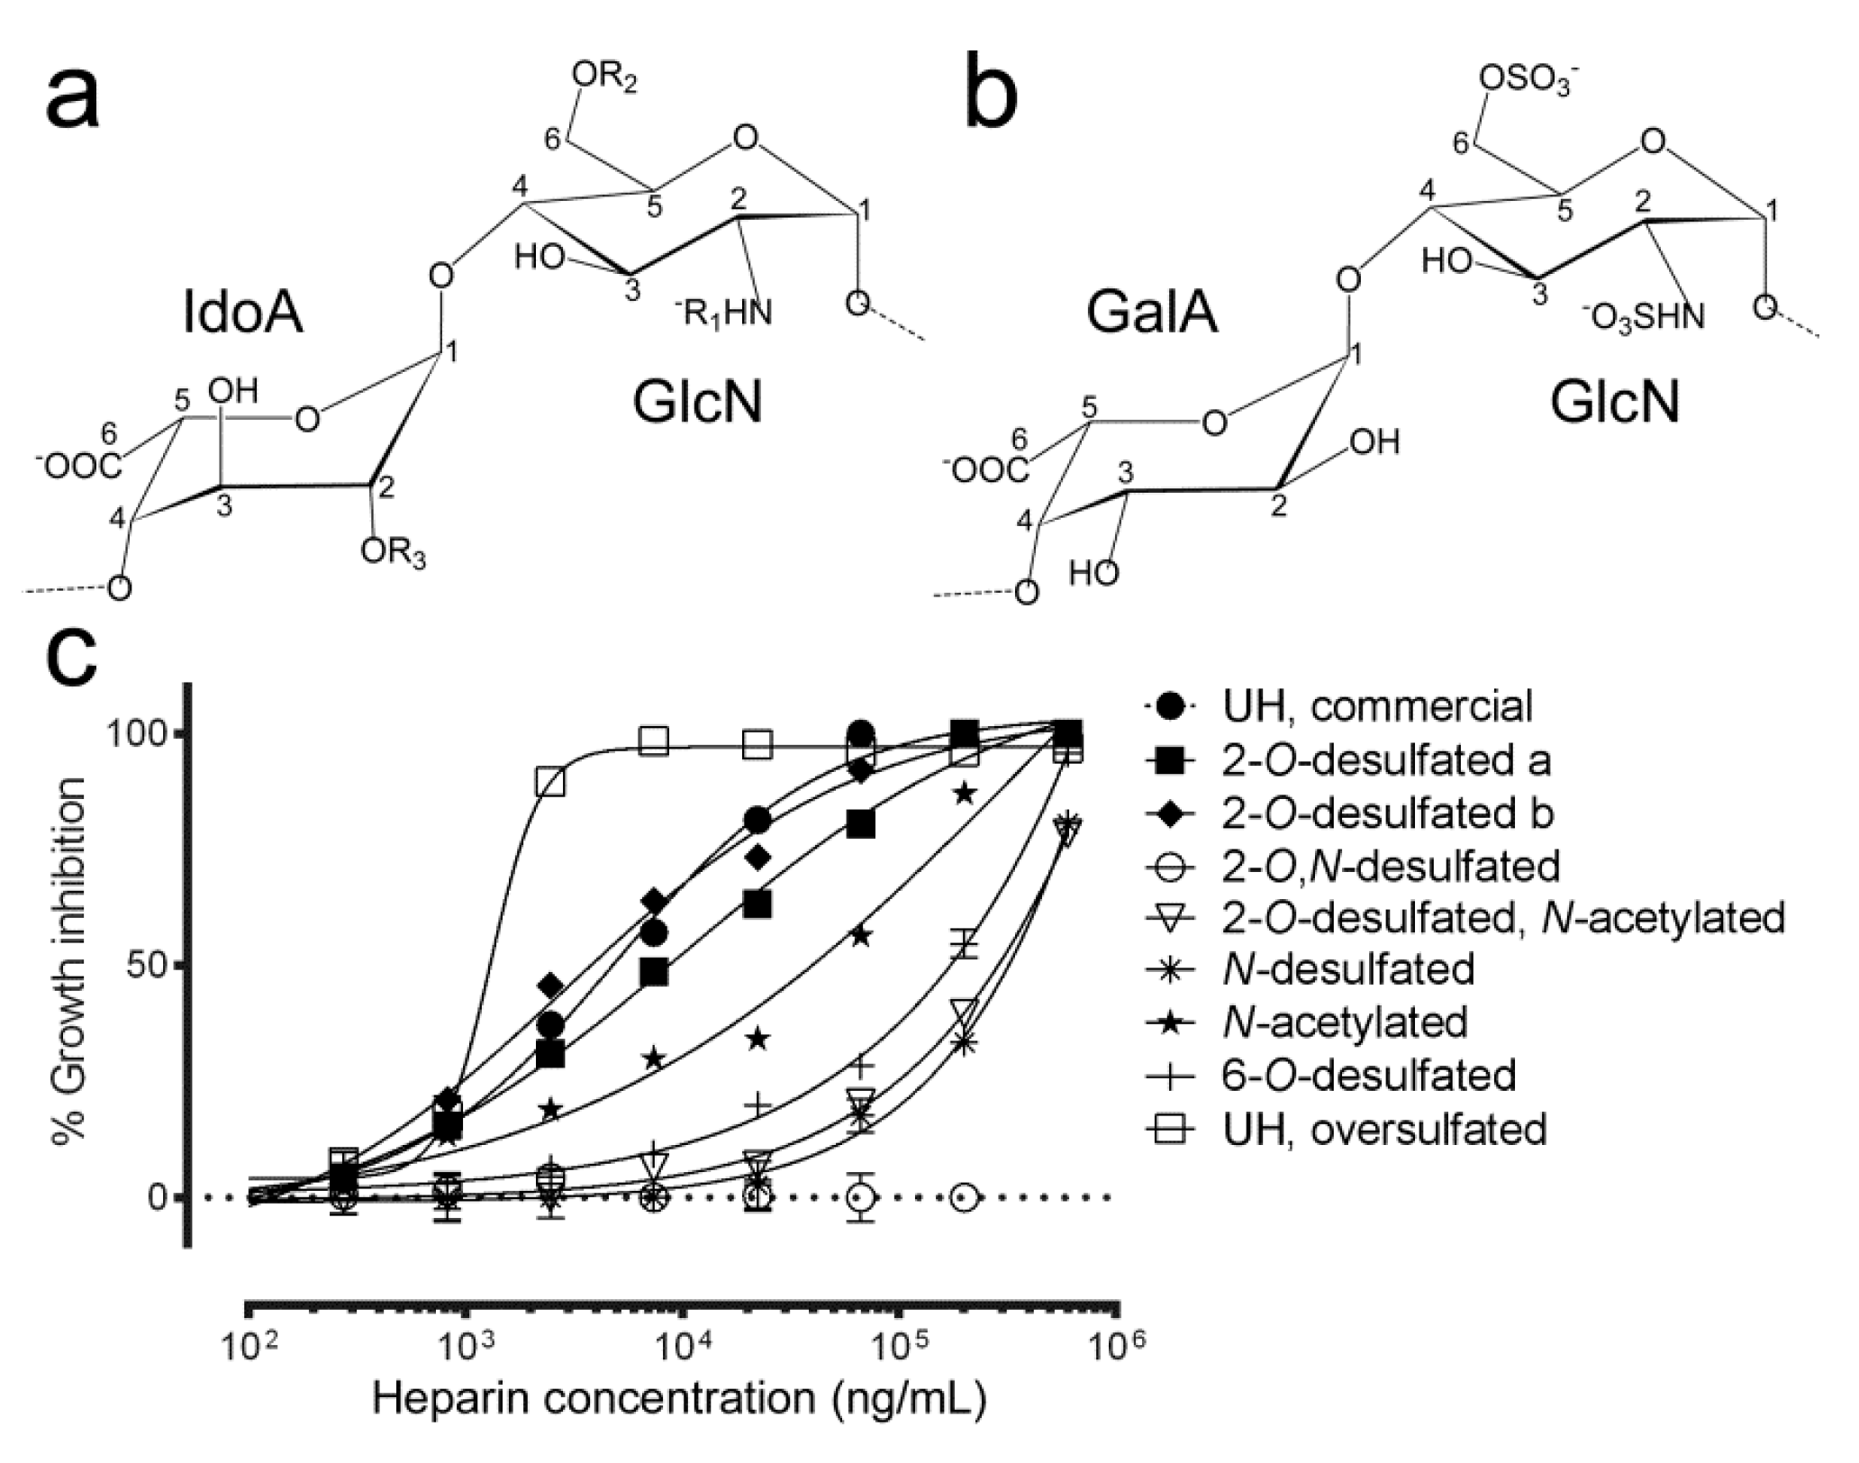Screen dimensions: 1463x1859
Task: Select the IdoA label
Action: (x=242, y=314)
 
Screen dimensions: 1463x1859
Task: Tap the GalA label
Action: (x=1152, y=314)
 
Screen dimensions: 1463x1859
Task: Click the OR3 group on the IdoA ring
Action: (x=393, y=552)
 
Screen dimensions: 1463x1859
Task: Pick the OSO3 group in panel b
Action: (x=1527, y=81)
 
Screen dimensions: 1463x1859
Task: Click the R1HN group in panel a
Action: (x=723, y=313)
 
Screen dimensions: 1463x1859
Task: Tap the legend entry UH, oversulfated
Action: (x=1383, y=1128)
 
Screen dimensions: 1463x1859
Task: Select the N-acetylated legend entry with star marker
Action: (x=1346, y=1022)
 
